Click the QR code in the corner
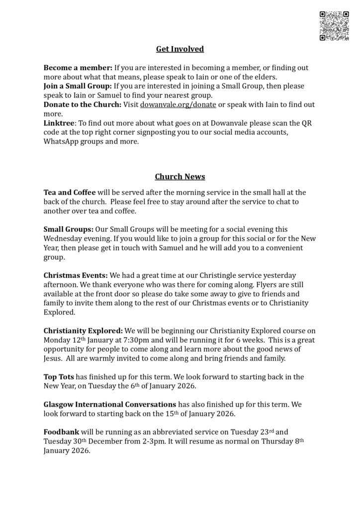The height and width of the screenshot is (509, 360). click(x=334, y=26)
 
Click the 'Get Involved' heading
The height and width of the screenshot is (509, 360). click(x=180, y=49)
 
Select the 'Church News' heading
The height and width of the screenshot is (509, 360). click(x=180, y=176)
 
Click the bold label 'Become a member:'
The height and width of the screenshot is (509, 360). click(x=78, y=67)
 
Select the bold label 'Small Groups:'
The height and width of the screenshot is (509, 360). click(x=68, y=229)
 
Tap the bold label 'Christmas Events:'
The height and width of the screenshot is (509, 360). click(x=76, y=275)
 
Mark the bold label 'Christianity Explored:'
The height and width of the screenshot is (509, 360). click(x=83, y=331)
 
